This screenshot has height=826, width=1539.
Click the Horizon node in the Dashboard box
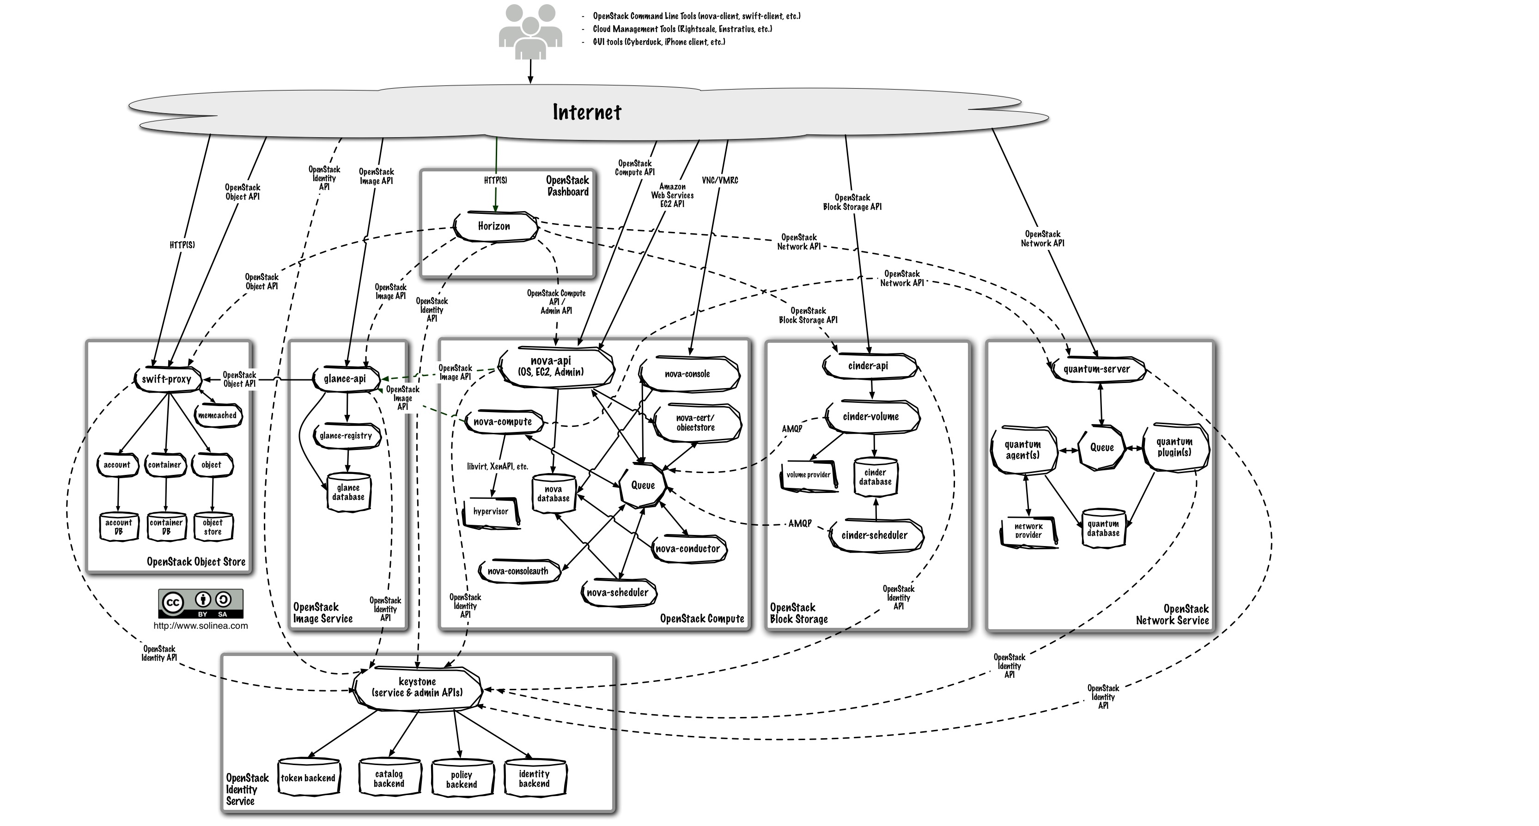tap(494, 226)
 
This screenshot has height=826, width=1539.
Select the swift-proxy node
tap(167, 379)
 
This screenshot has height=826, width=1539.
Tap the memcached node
tap(218, 416)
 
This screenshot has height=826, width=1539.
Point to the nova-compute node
tap(502, 422)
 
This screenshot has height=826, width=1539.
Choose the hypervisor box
tap(491, 512)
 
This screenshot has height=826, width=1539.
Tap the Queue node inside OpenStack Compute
tap(643, 486)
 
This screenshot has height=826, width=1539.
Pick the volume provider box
tap(809, 475)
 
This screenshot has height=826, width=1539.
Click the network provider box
tap(1028, 531)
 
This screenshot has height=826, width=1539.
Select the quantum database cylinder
tap(1103, 528)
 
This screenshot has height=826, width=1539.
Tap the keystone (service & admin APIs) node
tap(417, 688)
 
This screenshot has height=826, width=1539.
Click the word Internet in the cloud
tap(587, 112)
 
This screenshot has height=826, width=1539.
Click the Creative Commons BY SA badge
tap(201, 604)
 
